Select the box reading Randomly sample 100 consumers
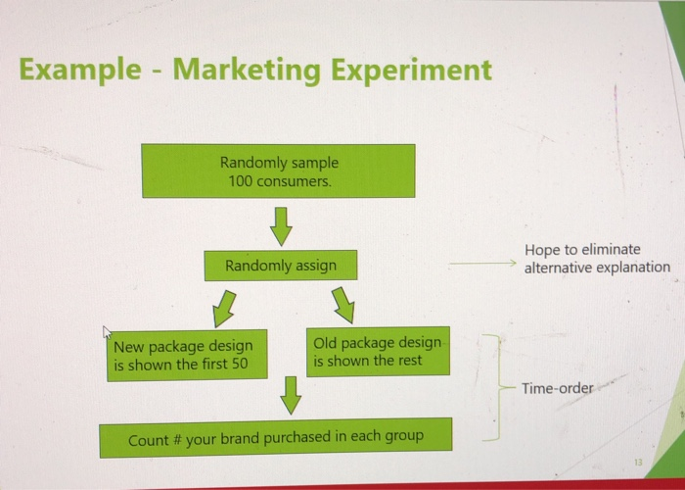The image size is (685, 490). pyautogui.click(x=278, y=171)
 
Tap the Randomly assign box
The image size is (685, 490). pyautogui.click(x=281, y=266)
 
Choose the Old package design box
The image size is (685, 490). pyautogui.click(x=378, y=351)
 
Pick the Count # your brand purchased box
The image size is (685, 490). pyautogui.click(x=275, y=437)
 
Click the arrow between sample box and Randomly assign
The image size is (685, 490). pyautogui.click(x=281, y=225)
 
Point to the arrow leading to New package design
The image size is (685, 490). pyautogui.click(x=225, y=307)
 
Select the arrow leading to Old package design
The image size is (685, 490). pyautogui.click(x=342, y=305)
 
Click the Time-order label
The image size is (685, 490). pyautogui.click(x=557, y=388)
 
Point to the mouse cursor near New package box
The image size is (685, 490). pyautogui.click(x=110, y=334)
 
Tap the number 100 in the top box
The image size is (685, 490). pyautogui.click(x=240, y=181)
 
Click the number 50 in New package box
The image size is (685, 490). pyautogui.click(x=240, y=365)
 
